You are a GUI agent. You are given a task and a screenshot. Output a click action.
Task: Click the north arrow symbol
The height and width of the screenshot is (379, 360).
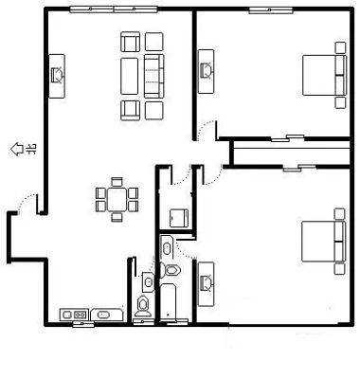(x=17, y=149)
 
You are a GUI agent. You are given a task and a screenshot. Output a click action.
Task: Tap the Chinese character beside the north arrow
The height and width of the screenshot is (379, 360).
(x=32, y=149)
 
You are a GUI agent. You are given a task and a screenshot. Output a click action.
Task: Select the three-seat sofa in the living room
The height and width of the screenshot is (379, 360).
(x=154, y=76)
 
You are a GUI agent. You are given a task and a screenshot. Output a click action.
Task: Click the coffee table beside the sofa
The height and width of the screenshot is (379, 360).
(x=130, y=76)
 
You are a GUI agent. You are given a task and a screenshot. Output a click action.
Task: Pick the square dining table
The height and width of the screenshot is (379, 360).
(x=117, y=200)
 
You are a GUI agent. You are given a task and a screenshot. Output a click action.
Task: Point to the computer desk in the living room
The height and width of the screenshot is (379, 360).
(x=57, y=76)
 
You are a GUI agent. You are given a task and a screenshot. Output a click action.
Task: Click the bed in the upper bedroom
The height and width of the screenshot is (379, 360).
(x=324, y=75)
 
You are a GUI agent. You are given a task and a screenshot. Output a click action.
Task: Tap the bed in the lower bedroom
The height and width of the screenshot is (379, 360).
(x=324, y=242)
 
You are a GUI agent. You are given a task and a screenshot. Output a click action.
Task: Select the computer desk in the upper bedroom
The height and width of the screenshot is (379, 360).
(x=206, y=71)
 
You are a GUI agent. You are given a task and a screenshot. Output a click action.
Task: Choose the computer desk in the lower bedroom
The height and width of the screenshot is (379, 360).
(x=206, y=284)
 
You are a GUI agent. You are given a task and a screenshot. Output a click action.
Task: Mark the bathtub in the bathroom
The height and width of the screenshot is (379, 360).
(x=168, y=301)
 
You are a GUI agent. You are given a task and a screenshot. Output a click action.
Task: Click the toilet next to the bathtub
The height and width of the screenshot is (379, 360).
(x=171, y=270)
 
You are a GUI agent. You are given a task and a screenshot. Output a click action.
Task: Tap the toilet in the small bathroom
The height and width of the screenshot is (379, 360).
(x=143, y=306)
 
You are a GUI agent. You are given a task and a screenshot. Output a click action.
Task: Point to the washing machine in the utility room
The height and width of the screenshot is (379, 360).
(x=179, y=218)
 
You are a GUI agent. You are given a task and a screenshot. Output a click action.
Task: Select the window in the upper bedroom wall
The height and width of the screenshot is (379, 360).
(x=271, y=10)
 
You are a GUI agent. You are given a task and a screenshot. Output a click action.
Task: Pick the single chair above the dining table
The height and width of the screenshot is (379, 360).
(x=117, y=182)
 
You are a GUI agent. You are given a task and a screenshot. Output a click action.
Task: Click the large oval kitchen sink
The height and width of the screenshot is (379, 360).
(x=103, y=315)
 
